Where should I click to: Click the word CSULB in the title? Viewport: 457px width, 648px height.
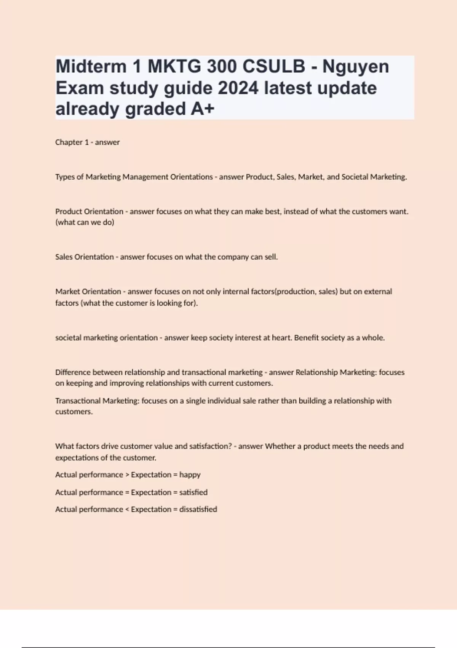click(x=273, y=67)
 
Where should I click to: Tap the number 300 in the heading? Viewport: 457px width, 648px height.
click(x=222, y=67)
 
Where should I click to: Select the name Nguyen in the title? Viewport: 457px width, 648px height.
click(x=356, y=67)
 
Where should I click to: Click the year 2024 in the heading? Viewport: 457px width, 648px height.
click(x=238, y=88)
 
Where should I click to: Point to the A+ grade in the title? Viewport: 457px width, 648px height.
click(x=203, y=109)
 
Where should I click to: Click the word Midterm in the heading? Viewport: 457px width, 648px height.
click(x=91, y=67)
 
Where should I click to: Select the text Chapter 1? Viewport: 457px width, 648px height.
click(x=72, y=142)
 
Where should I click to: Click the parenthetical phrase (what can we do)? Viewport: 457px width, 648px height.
click(x=85, y=222)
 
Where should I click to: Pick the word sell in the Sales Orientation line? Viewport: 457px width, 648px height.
click(x=271, y=257)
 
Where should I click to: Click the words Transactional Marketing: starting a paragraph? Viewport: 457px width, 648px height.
click(x=97, y=401)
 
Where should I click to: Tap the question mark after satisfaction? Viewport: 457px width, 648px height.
click(x=230, y=446)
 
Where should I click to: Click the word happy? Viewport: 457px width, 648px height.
click(x=190, y=475)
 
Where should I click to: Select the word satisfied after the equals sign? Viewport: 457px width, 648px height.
click(x=193, y=492)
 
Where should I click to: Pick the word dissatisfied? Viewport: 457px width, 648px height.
click(x=198, y=509)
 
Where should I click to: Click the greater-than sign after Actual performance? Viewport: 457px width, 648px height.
click(x=127, y=475)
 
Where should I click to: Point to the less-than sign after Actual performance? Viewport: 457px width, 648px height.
click(x=127, y=510)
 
